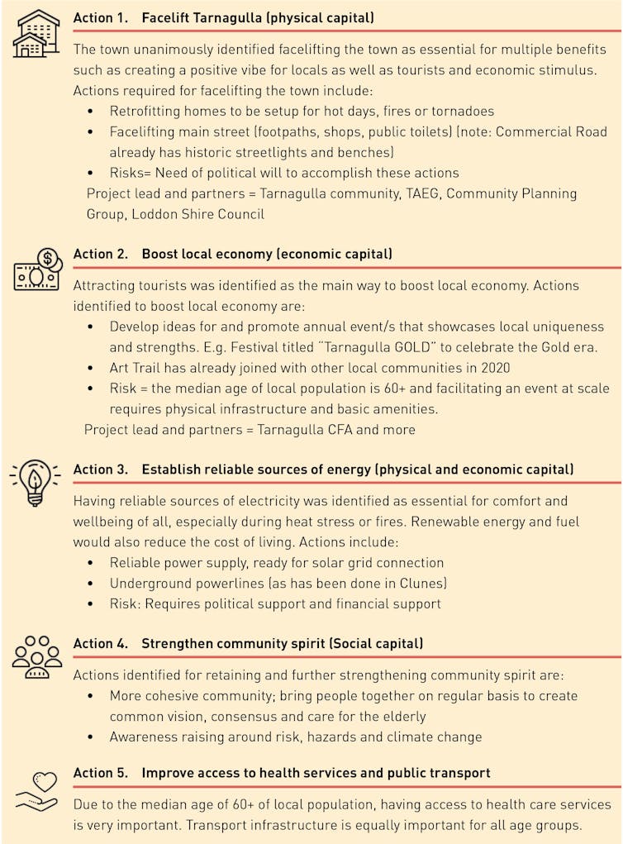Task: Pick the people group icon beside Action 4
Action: [36, 658]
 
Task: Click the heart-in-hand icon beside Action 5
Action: [36, 790]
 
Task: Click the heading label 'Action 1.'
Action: [101, 17]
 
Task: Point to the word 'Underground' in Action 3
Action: [150, 583]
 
